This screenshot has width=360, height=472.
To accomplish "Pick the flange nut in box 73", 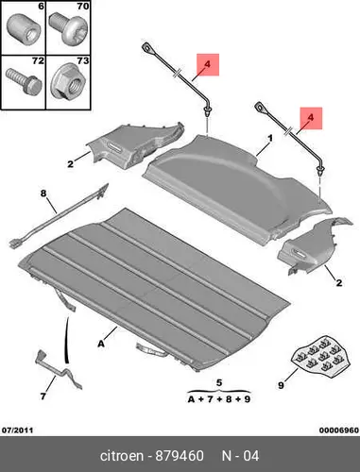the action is click(x=69, y=83).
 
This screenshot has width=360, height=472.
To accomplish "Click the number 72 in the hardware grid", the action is click(x=38, y=60).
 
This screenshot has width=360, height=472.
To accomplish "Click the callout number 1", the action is click(x=270, y=138).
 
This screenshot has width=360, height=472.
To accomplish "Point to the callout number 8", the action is click(x=43, y=194).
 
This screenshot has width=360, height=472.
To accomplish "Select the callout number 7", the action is click(x=43, y=396).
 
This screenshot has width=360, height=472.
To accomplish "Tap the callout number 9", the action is click(x=281, y=385).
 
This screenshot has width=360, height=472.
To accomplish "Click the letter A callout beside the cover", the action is click(x=101, y=344).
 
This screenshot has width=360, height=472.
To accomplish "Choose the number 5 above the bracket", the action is click(x=219, y=383).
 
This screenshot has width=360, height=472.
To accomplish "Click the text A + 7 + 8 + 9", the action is click(x=219, y=399).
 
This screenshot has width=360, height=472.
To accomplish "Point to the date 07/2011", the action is click(x=18, y=430).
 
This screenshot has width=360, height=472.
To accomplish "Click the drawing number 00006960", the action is click(x=339, y=430).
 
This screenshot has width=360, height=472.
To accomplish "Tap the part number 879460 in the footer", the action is click(x=179, y=456).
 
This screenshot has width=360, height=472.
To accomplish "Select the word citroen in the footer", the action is click(x=122, y=456).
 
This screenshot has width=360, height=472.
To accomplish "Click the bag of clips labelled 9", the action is click(x=320, y=357).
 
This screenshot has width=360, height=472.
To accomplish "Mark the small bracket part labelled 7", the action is click(x=59, y=372).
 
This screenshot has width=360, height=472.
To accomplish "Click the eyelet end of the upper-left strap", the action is click(x=147, y=48).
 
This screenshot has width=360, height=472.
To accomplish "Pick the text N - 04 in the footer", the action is click(x=240, y=456).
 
